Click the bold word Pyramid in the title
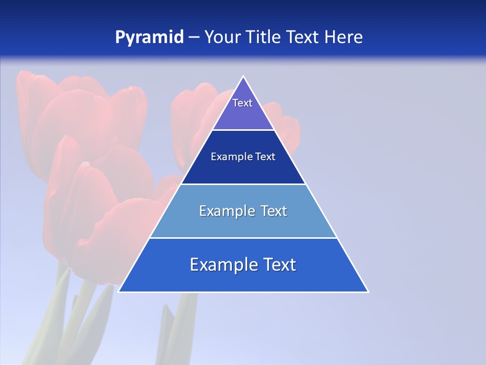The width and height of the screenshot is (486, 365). tap(149, 38)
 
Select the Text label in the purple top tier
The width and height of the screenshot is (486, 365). tap(242, 103)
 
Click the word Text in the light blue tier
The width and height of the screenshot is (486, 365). tap(274, 211)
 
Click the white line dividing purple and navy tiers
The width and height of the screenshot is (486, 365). tap(243, 130)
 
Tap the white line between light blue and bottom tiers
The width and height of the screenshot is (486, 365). tap(243, 238)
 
